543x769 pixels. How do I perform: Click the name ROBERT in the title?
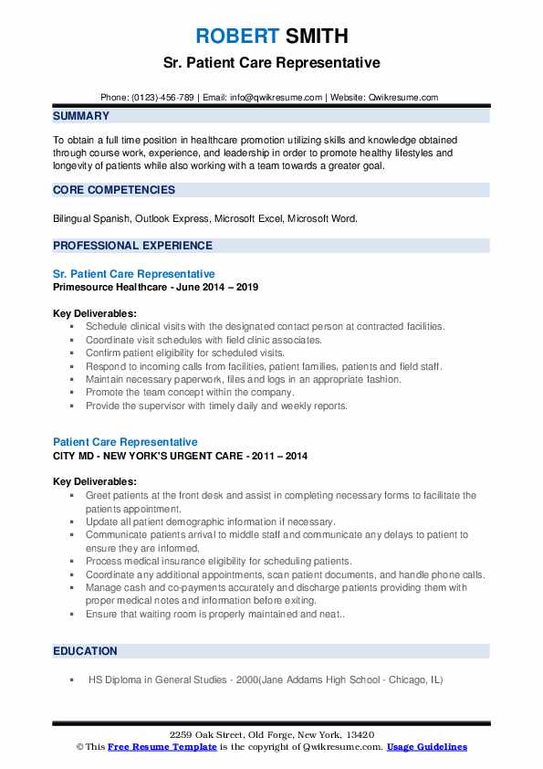234,37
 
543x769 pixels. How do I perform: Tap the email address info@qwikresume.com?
277,97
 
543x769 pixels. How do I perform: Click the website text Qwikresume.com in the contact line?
404,97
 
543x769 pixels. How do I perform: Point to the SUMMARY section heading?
81,116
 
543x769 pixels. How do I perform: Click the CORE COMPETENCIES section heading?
113,190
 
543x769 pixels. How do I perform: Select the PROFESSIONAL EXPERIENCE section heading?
132,246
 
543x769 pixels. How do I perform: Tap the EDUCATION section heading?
85,651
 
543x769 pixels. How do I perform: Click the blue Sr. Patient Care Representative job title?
134,274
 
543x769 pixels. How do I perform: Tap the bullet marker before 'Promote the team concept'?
72,393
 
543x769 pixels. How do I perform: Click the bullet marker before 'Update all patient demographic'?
72,521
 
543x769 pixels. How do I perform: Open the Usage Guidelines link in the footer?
426,747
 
